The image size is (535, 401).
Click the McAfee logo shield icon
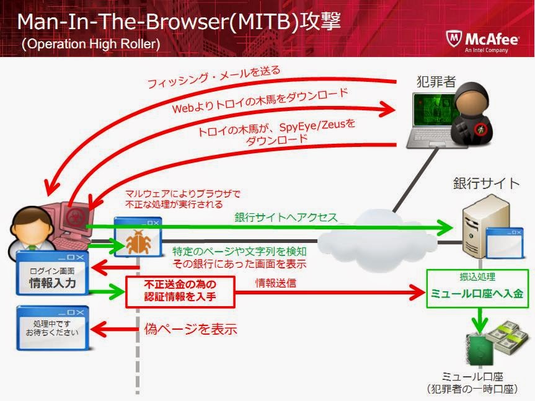pos(453,39)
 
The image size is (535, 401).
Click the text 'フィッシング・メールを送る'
pos(214,77)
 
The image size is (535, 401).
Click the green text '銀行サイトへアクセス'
pos(286,218)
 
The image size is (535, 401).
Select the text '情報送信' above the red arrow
pos(276,283)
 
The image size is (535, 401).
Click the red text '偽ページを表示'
pos(190,329)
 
